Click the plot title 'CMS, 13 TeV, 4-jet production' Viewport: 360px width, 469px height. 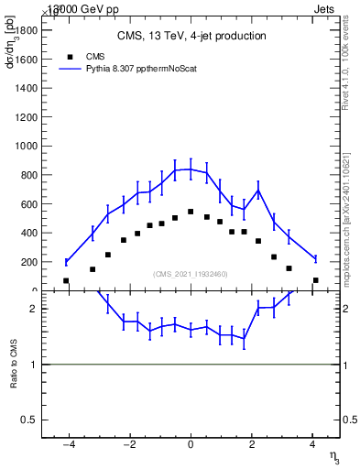tap(191, 36)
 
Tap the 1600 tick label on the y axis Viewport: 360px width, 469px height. tap(25, 59)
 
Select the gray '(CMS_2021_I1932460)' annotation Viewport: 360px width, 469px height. tap(191, 274)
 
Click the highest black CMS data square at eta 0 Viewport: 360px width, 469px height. tap(191, 212)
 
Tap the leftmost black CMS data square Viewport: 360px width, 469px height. tap(66, 280)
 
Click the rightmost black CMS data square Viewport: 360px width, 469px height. tap(315, 280)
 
